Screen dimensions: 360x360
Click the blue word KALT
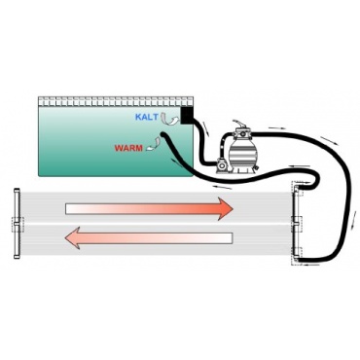(x=147, y=117)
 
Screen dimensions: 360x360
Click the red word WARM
(x=128, y=149)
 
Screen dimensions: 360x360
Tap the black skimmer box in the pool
(x=187, y=116)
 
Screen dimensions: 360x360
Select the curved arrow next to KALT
(x=169, y=119)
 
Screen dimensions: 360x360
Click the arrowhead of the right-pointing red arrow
(x=227, y=208)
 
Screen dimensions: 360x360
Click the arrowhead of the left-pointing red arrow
(x=71, y=237)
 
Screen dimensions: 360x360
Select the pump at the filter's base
(x=222, y=164)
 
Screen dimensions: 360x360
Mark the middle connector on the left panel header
(x=17, y=224)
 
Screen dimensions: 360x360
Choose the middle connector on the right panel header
(x=296, y=224)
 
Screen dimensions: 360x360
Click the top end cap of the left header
(x=17, y=191)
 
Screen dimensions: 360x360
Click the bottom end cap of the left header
(x=17, y=257)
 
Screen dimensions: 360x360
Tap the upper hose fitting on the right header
(x=298, y=189)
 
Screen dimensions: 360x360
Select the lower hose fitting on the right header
(x=297, y=257)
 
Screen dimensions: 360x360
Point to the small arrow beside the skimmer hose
(x=205, y=127)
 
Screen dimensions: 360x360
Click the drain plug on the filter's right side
(x=256, y=168)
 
